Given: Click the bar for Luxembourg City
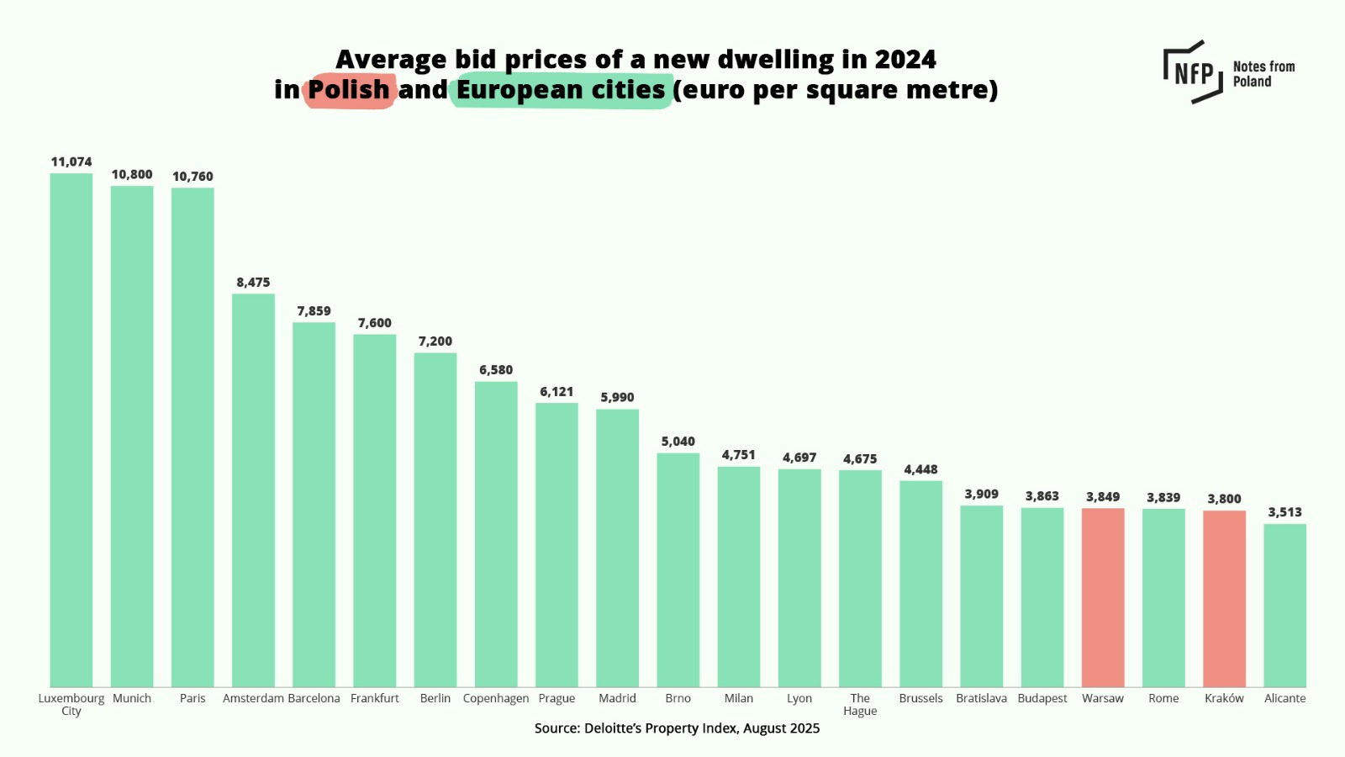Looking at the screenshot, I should (x=71, y=429).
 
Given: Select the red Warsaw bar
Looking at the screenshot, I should (x=1103, y=597).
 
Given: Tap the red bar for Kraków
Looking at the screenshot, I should (x=1224, y=598).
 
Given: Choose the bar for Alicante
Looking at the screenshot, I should (x=1284, y=605).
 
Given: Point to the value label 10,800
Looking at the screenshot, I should (x=132, y=175).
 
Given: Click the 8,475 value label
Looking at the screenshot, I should (x=253, y=283).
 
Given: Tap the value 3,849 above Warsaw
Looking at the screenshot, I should (x=1103, y=497).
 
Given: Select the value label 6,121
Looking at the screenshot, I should (x=556, y=392).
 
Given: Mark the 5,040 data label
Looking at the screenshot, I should (x=678, y=442).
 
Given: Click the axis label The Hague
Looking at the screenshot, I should (x=860, y=704).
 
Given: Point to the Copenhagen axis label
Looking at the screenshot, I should (x=496, y=698).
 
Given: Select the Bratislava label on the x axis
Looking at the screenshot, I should (x=981, y=698).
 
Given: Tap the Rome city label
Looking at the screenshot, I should (x=1163, y=698).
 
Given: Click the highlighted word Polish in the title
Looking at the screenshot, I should (x=348, y=90).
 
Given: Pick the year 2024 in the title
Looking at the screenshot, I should (x=905, y=60).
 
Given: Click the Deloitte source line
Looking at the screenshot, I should (x=677, y=728).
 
